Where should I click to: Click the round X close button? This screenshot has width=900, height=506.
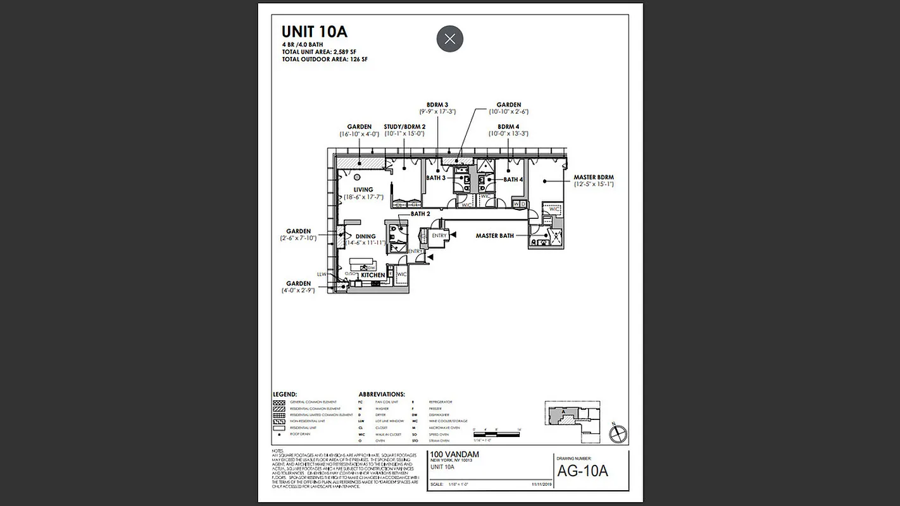449,39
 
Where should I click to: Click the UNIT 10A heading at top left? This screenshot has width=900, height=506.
314,32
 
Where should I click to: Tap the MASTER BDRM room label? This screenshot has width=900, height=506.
593,178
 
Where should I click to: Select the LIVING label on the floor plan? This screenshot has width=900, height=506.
363,190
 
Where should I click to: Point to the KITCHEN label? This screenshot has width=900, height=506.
373,275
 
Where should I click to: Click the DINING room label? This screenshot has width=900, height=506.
365,237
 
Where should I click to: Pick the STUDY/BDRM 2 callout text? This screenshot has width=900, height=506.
404,126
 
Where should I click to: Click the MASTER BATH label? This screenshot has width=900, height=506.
495,236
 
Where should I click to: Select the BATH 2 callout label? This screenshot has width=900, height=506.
420,214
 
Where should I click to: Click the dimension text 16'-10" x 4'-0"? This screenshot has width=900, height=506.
359,134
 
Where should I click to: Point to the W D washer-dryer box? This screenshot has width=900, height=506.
519,204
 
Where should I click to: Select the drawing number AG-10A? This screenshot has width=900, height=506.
582,471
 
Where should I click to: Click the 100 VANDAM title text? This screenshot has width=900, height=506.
454,455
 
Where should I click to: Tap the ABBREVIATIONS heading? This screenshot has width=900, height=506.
382,394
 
